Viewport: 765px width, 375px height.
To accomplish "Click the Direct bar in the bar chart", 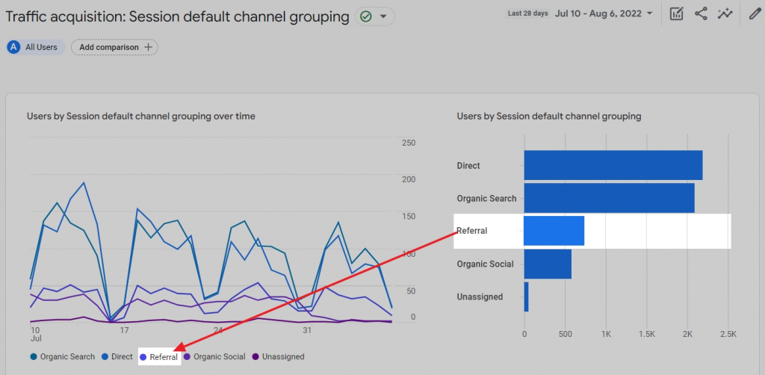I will click(613, 165).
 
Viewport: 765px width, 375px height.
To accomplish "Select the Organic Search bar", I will click(609, 198).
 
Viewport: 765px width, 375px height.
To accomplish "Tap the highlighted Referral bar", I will click(554, 231).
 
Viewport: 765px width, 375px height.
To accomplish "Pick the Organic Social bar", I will click(548, 264).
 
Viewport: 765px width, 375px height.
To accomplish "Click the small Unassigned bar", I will click(526, 297).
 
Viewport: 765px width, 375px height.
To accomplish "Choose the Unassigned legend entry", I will click(278, 357).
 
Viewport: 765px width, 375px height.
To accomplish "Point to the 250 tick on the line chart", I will click(408, 143).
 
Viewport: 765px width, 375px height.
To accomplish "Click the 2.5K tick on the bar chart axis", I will click(728, 334).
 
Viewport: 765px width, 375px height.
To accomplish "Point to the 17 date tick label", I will click(124, 330).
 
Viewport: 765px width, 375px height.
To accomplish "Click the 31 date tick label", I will click(306, 330).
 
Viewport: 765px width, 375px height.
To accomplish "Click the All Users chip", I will click(35, 47).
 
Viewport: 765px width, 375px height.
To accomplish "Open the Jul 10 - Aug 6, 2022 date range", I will click(604, 13).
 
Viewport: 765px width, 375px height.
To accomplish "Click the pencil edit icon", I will click(755, 13).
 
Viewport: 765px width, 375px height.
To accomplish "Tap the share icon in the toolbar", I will click(701, 13).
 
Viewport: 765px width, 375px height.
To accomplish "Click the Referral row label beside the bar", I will click(471, 231).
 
